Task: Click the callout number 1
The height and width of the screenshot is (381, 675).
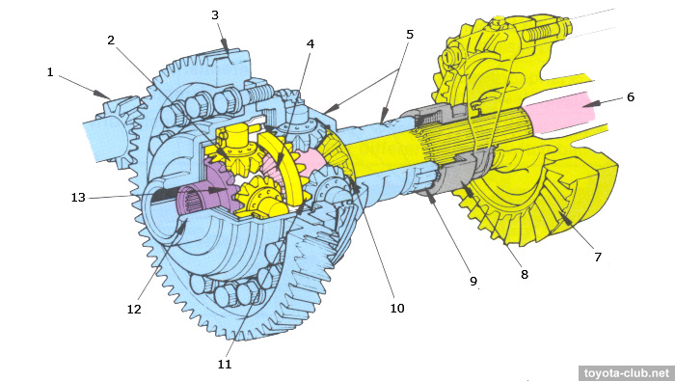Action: (x=50, y=72)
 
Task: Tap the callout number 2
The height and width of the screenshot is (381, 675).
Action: (x=111, y=41)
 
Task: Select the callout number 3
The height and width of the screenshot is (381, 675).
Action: (x=215, y=15)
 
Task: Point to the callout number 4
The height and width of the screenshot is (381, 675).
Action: (x=310, y=44)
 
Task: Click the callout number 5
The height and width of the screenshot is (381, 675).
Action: (x=410, y=35)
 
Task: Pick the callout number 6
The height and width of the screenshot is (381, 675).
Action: (x=631, y=96)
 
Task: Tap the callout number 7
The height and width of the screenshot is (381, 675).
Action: (x=598, y=257)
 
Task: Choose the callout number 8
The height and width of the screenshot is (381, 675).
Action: (x=525, y=274)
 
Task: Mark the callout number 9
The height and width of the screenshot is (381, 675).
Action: (x=473, y=281)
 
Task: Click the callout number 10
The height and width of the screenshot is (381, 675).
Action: (x=397, y=309)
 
